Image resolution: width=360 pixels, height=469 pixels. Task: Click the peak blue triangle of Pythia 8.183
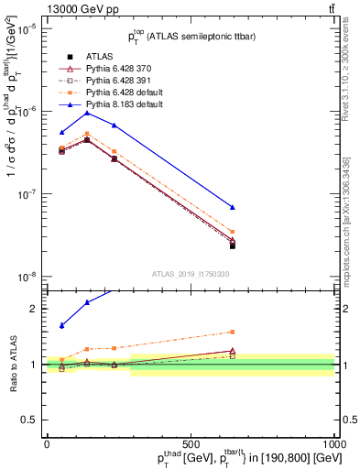click(87, 113)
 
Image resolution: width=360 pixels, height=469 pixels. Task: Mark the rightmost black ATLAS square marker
click(233, 245)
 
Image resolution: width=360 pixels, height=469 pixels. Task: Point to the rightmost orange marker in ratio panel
click(233, 332)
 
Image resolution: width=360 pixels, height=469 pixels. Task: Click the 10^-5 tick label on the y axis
click(26, 28)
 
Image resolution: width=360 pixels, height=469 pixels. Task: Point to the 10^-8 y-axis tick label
click(26, 277)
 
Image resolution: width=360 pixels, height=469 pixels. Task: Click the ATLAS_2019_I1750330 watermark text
click(191, 272)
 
